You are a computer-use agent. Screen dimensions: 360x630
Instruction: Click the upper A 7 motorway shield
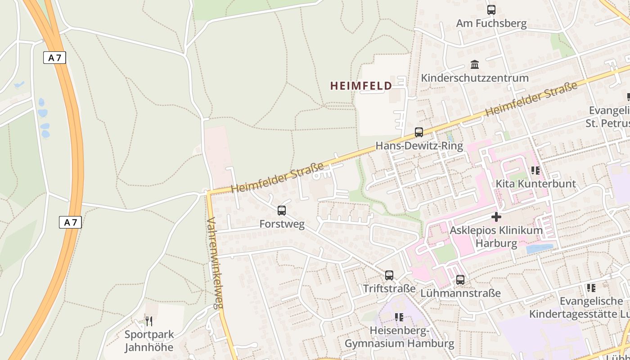tap(55, 58)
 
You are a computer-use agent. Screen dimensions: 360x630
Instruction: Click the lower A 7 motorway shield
tap(70, 222)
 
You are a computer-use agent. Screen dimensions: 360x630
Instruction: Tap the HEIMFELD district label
tap(361, 85)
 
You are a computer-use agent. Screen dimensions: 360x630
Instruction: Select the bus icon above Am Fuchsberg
tap(491, 9)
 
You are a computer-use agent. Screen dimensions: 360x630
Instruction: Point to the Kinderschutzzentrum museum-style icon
tap(475, 64)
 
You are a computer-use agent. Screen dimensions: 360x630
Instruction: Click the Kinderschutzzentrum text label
tap(475, 78)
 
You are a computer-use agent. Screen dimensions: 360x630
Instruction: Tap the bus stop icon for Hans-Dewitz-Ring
tap(419, 132)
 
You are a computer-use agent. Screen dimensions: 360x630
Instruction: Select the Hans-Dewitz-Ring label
tap(419, 146)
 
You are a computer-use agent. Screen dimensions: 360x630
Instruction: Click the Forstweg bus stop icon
tap(282, 210)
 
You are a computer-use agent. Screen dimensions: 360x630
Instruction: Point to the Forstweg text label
tap(282, 224)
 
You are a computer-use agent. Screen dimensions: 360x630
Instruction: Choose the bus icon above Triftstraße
tap(389, 275)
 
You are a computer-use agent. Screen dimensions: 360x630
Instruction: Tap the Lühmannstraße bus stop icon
tap(460, 279)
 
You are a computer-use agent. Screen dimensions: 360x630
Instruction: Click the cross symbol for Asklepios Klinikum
tap(496, 217)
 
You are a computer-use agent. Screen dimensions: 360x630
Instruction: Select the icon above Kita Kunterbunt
tap(535, 170)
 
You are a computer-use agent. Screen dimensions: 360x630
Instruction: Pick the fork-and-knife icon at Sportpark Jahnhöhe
tap(148, 321)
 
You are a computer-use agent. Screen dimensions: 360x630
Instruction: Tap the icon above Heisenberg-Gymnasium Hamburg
tap(399, 317)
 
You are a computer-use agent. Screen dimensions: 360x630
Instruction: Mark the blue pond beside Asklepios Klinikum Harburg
tap(539, 248)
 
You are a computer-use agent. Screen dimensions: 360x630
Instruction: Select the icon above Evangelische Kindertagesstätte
tap(591, 288)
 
